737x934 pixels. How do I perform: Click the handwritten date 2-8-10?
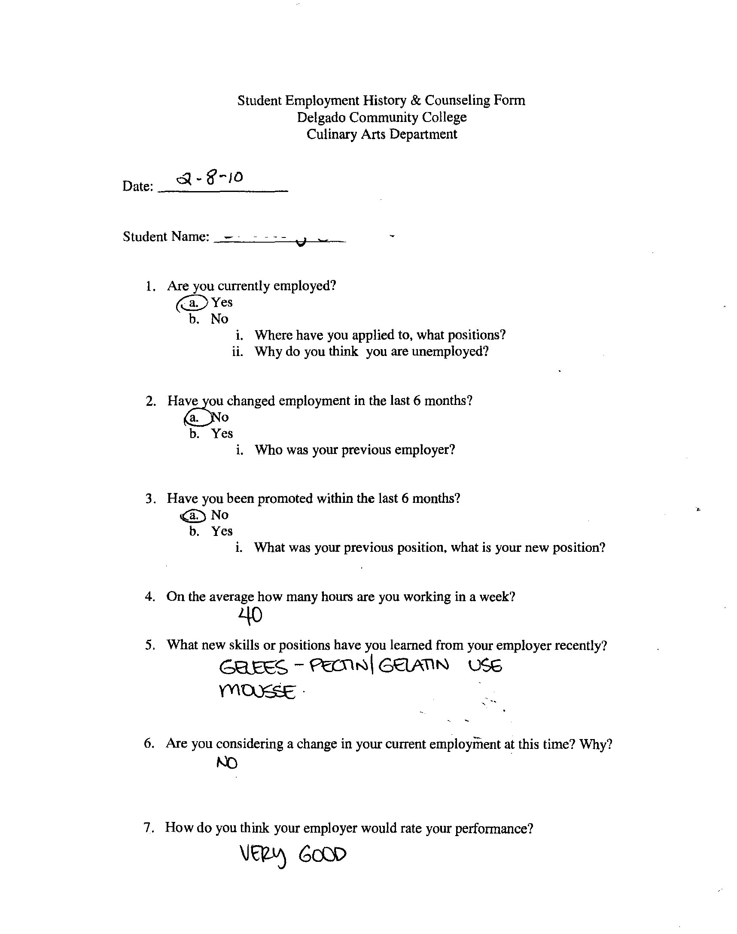[x=210, y=178]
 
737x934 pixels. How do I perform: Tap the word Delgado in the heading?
[x=320, y=117]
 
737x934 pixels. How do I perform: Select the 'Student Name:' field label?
[x=166, y=237]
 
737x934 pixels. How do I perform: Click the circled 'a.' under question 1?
[x=193, y=303]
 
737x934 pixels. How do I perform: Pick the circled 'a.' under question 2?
[x=195, y=417]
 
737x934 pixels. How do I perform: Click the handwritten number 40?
[x=250, y=616]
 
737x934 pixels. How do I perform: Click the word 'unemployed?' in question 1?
[x=450, y=352]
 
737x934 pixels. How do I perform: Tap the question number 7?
[x=148, y=828]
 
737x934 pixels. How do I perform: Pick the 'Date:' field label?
[x=138, y=186]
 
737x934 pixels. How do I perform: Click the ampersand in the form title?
[x=415, y=100]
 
